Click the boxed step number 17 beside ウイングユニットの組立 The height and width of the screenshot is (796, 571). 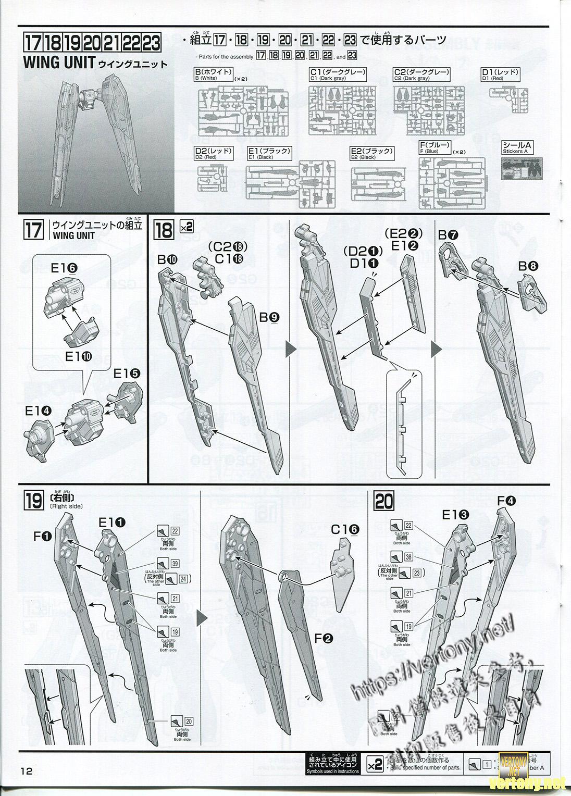point(34,230)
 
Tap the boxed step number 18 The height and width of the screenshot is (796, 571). point(163,230)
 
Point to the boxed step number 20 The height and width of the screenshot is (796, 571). point(384,502)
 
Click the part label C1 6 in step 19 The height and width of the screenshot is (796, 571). point(345,529)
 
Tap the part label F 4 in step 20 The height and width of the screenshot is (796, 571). point(506,501)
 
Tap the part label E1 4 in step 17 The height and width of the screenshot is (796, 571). point(38,410)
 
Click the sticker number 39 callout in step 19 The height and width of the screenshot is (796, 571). point(175,564)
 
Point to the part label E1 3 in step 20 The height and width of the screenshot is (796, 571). point(455,516)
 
